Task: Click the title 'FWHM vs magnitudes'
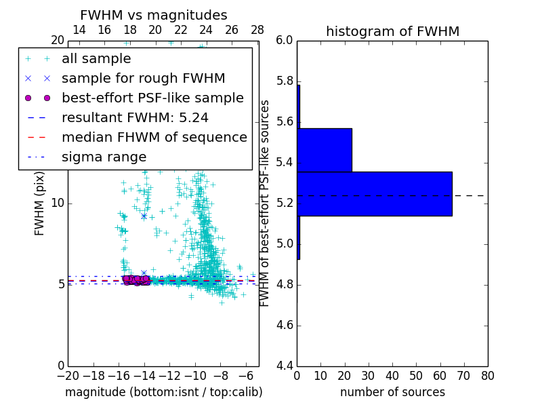(x=154, y=16)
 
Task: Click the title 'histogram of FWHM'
(x=392, y=31)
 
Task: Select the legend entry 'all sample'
(x=96, y=59)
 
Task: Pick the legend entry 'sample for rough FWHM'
(x=143, y=79)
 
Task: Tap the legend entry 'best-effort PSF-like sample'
(x=152, y=98)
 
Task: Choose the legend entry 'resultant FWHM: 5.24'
(x=135, y=117)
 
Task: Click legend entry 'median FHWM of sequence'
(x=154, y=137)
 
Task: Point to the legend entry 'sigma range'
(x=104, y=157)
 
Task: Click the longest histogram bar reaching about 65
(x=374, y=193)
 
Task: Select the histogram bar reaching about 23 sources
(x=325, y=150)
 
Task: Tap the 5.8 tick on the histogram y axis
(x=285, y=81)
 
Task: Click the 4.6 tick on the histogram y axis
(x=285, y=326)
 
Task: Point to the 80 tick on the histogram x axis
(x=487, y=376)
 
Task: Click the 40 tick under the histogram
(x=392, y=376)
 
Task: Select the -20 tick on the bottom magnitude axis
(x=68, y=376)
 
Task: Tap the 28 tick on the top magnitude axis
(x=257, y=30)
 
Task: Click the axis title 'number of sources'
(x=392, y=392)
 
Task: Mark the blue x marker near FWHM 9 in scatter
(x=144, y=216)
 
